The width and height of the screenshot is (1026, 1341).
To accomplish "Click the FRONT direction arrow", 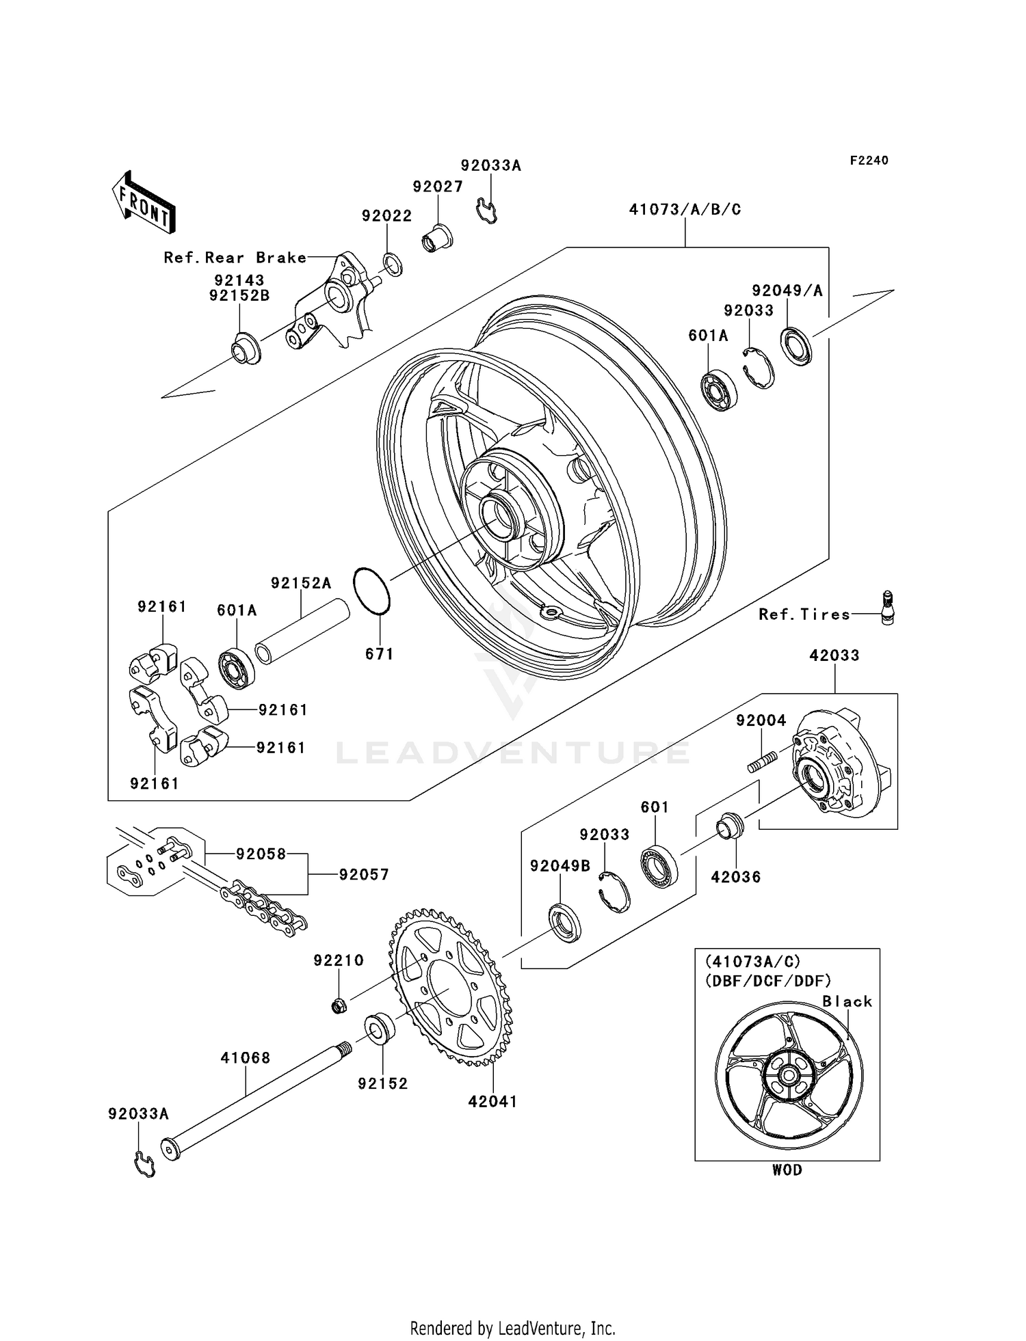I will pyautogui.click(x=144, y=203).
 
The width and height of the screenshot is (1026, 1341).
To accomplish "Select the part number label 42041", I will pyautogui.click(x=492, y=1101).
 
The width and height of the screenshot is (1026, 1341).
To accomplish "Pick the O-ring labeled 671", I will pyautogui.click(x=371, y=591).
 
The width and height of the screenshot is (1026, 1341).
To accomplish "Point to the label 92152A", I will pyautogui.click(x=301, y=583).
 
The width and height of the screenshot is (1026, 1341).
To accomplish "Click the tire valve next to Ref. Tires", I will pyautogui.click(x=888, y=607).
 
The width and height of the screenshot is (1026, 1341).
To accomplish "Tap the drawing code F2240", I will pyautogui.click(x=869, y=161).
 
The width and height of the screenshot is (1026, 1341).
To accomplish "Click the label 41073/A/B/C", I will pyautogui.click(x=685, y=210).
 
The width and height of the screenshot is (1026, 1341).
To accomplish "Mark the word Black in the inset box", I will pyautogui.click(x=847, y=1001).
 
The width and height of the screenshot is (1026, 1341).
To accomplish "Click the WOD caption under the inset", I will pyautogui.click(x=787, y=1169).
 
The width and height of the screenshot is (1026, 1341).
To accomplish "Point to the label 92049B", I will pyautogui.click(x=560, y=866).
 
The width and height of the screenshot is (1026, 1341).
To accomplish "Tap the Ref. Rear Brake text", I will pyautogui.click(x=235, y=258).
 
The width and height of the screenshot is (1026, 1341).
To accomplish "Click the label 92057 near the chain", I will pyautogui.click(x=363, y=874).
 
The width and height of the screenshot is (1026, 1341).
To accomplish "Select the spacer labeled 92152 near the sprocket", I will pyautogui.click(x=380, y=1029).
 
